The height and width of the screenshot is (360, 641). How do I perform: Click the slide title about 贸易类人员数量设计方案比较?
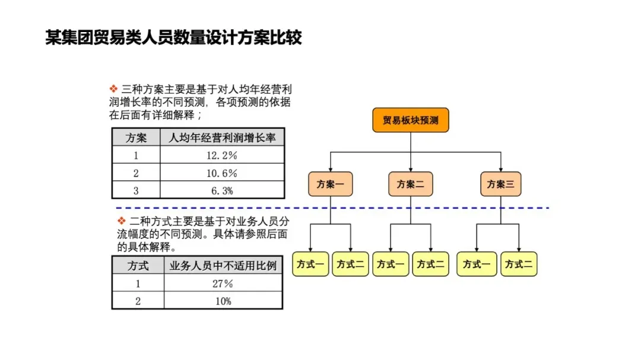pos(173,37)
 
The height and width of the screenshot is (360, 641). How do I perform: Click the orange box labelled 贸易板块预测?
pos(411,120)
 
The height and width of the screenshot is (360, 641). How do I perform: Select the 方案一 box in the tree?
pos(331,184)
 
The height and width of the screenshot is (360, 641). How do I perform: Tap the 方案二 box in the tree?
pos(411,184)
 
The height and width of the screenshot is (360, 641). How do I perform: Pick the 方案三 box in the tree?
pos(501,184)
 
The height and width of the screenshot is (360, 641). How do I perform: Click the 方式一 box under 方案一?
pos(310,265)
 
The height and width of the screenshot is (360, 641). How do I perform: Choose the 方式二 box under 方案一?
pos(350,265)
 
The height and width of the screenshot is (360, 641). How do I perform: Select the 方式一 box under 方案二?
pos(391,265)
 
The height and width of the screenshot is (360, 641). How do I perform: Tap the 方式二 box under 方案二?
pos(430,265)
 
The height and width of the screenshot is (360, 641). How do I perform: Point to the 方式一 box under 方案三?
pos(477,265)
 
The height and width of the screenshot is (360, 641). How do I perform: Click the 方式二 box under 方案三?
pos(519,265)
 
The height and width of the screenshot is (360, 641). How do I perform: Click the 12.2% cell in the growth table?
pos(222,155)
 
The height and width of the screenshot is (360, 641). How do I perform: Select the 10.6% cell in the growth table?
pos(222,173)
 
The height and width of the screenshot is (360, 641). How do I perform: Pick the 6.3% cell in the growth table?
pos(222,190)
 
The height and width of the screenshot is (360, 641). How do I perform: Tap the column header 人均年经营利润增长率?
pos(222,138)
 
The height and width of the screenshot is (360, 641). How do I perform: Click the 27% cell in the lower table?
pos(223,283)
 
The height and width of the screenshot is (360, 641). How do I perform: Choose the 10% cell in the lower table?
pos(223,301)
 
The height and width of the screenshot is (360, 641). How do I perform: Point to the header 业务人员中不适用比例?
pos(223,266)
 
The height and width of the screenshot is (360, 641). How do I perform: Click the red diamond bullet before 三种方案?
pos(113,89)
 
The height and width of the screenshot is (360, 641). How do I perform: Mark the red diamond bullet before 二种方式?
pos(122,221)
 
